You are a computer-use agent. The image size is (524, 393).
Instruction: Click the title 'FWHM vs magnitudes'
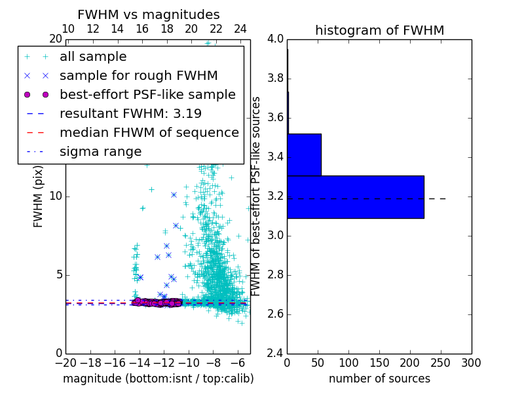149,15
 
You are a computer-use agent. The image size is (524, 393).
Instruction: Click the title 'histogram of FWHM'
379,31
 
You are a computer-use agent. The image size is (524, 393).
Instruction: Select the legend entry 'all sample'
93,57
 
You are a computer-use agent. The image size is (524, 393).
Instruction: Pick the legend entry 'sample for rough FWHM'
138,76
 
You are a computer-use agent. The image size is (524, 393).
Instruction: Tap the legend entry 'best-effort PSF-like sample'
147,95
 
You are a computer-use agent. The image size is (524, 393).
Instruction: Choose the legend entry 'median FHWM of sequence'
149,133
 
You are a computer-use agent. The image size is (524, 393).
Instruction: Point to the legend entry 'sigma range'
100,152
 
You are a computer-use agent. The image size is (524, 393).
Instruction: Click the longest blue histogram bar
355,196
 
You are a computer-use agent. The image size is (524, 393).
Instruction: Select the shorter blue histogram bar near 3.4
304,155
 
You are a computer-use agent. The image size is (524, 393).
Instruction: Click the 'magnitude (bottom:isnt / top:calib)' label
158,379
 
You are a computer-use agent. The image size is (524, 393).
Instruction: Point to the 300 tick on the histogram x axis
471,363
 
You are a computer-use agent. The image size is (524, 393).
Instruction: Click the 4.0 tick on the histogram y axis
275,39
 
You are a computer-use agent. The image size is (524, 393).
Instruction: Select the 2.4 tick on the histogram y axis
275,353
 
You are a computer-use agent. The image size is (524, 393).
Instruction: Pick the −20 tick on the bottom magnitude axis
65,363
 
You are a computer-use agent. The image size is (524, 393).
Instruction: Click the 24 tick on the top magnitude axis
240,29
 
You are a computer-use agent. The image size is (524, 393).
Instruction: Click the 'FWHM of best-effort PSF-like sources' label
257,196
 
